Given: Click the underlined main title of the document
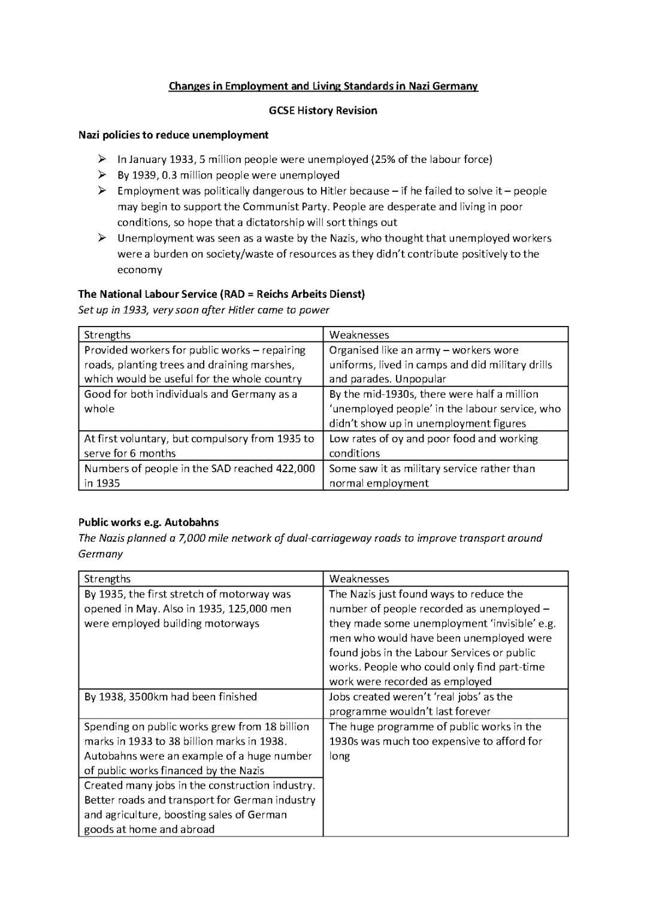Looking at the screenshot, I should tap(323, 86).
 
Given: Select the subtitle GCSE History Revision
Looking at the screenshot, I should tap(323, 110).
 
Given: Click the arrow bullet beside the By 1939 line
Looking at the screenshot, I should tap(102, 175).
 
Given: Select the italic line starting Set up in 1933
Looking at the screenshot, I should tap(204, 310).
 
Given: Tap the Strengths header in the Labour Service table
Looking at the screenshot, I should tap(107, 335).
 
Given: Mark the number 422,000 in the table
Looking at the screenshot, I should tap(292, 469).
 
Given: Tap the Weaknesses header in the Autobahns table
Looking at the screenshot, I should tap(359, 579).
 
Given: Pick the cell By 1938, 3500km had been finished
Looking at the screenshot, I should tap(171, 697).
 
